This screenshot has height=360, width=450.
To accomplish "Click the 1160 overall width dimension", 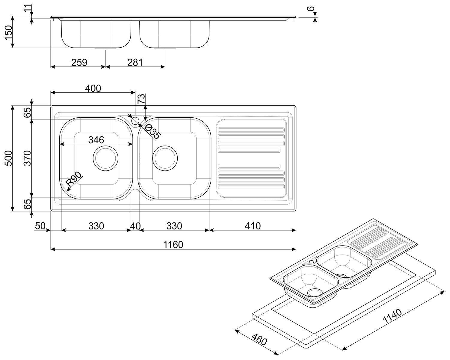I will click(x=173, y=245).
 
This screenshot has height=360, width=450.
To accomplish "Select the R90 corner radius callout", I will click(x=73, y=179).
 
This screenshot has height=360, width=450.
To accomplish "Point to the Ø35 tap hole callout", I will click(x=153, y=131).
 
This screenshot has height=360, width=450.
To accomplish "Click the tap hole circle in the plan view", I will click(x=135, y=121).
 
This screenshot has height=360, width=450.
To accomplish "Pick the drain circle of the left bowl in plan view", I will click(x=105, y=158).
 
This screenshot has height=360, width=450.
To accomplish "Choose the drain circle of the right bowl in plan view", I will click(x=165, y=158).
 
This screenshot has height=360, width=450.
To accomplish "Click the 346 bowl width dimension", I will click(x=96, y=140).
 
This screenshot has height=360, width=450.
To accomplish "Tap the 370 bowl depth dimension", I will click(x=27, y=158).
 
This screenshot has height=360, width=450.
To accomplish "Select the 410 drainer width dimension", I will click(x=252, y=226).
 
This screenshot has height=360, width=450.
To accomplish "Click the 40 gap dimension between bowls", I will click(x=135, y=226).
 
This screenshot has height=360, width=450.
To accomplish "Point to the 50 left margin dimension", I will click(x=40, y=226).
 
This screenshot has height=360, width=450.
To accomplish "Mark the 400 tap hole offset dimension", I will click(x=93, y=89).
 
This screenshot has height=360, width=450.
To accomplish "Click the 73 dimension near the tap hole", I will click(x=141, y=99).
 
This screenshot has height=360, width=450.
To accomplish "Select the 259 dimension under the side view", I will click(x=79, y=63).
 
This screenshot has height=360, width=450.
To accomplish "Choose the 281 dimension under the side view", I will click(x=135, y=63).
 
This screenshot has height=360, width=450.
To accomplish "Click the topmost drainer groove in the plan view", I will click(x=251, y=130).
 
